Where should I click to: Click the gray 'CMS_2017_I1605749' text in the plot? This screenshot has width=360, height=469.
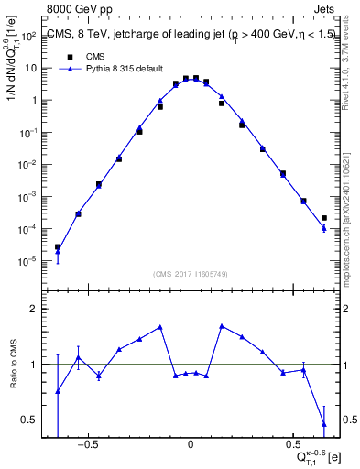pyautogui.click(x=191, y=275)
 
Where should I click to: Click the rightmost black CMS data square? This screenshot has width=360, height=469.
pyautogui.click(x=324, y=218)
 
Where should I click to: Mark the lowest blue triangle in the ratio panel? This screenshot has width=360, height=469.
pyautogui.click(x=324, y=423)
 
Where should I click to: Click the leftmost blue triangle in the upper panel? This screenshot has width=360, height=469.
pyautogui.click(x=58, y=249)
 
